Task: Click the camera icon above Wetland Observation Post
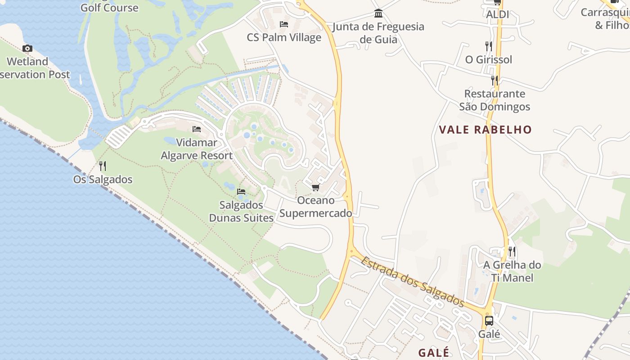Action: tap(27, 48)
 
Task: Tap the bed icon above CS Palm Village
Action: tap(284, 24)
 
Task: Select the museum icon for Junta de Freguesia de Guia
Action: tap(378, 13)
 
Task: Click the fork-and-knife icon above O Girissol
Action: tap(489, 46)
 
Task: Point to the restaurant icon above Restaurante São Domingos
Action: tap(495, 81)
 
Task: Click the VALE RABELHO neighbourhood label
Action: tap(485, 130)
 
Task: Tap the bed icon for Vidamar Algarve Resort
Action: tap(197, 129)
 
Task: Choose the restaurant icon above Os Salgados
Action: tap(103, 166)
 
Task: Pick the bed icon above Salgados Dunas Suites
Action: tap(241, 192)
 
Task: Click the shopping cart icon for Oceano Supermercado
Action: tap(315, 187)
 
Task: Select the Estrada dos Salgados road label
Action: tap(412, 281)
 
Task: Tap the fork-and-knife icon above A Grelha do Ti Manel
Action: tap(512, 251)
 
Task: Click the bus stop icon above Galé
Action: tap(489, 321)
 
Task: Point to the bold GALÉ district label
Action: tap(434, 352)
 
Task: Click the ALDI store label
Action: tap(497, 14)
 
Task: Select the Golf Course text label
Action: tap(109, 8)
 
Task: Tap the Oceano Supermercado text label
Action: tap(316, 207)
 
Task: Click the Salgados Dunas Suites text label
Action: tap(241, 211)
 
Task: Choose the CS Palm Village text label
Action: tap(284, 37)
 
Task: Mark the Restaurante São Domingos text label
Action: tap(495, 100)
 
